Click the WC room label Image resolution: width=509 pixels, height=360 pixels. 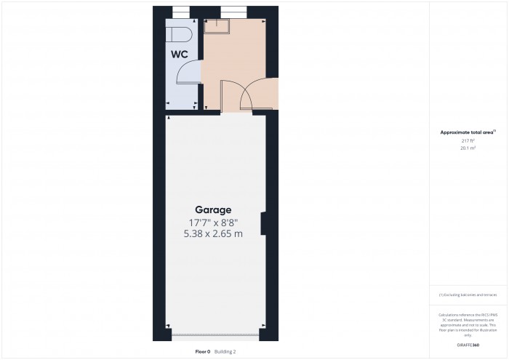pos(180,54)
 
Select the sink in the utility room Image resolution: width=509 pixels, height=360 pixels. pos(216,26)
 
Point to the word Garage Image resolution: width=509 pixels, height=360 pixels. pos(213,209)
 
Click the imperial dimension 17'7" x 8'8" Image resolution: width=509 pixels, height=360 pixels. pos(213,222)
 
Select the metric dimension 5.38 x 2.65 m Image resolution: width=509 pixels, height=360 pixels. pos(213,233)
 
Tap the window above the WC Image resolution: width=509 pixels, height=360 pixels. pos(180,10)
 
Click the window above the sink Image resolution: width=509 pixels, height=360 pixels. pos(233,10)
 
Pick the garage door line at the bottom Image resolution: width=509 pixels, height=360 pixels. pos(215,337)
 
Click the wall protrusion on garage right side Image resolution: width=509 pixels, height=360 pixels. pos(265,223)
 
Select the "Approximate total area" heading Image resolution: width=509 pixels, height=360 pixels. pos(468,132)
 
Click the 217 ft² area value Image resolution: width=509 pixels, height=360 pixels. pos(468,140)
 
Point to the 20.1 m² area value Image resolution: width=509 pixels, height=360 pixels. pos(468,148)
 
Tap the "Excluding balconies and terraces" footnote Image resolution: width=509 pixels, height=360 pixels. pos(468,295)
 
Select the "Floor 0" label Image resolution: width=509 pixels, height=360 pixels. pos(203,351)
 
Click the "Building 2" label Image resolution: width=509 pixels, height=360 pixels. pos(225,351)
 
